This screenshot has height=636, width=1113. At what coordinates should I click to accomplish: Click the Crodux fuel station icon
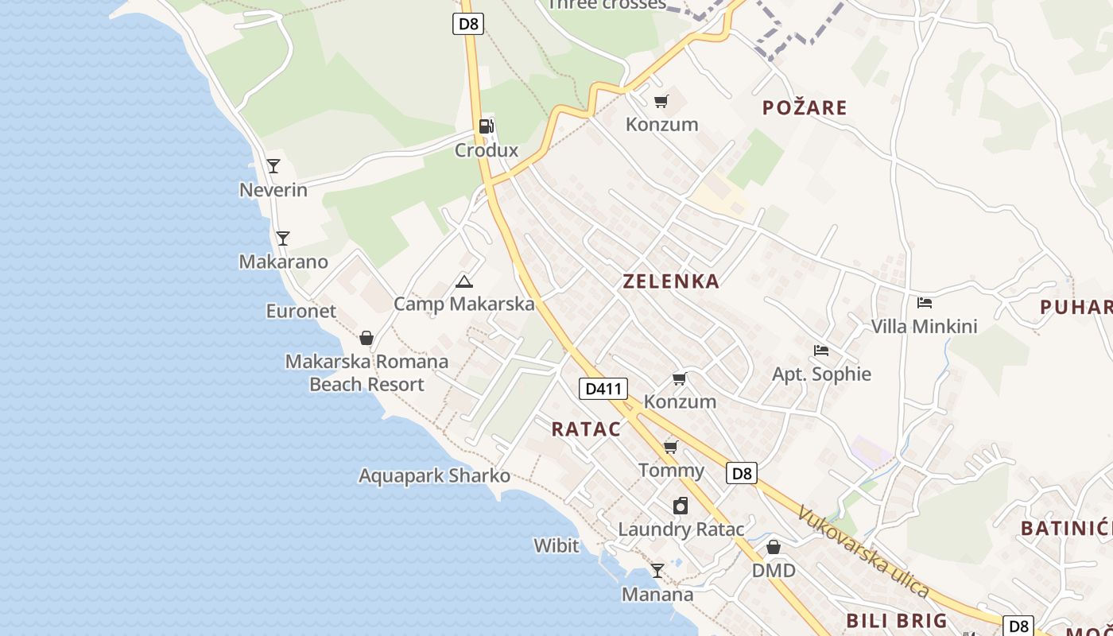[x=486, y=126]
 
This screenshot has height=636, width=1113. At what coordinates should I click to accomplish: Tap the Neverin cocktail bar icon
[x=273, y=166]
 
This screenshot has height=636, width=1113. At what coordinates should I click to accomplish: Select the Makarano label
[x=283, y=262]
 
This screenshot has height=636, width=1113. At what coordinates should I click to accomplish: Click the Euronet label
[x=301, y=311]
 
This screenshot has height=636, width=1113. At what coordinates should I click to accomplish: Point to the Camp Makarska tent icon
[x=463, y=281]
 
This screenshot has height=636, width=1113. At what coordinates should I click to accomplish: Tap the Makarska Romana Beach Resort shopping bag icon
[x=366, y=339]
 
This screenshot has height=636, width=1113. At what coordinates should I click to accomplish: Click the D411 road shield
[x=603, y=389]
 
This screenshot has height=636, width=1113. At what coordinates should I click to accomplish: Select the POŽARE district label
[x=805, y=107]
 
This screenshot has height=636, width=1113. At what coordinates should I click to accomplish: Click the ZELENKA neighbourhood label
[x=671, y=281]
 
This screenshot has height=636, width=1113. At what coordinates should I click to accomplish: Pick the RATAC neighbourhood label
[x=586, y=429]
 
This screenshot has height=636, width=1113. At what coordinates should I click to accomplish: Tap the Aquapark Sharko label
[x=434, y=475]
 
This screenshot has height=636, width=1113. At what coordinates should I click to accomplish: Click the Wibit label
[x=556, y=545]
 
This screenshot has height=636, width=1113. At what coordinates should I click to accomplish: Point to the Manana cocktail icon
[x=657, y=571]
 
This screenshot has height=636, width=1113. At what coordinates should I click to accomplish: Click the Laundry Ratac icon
[x=681, y=506]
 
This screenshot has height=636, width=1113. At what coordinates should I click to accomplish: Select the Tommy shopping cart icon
[x=671, y=448]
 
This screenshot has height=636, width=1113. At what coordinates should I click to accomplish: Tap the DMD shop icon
[x=774, y=548]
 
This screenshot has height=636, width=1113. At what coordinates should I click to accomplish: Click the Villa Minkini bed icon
[x=924, y=303]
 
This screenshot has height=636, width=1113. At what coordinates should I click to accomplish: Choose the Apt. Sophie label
[x=821, y=374]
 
